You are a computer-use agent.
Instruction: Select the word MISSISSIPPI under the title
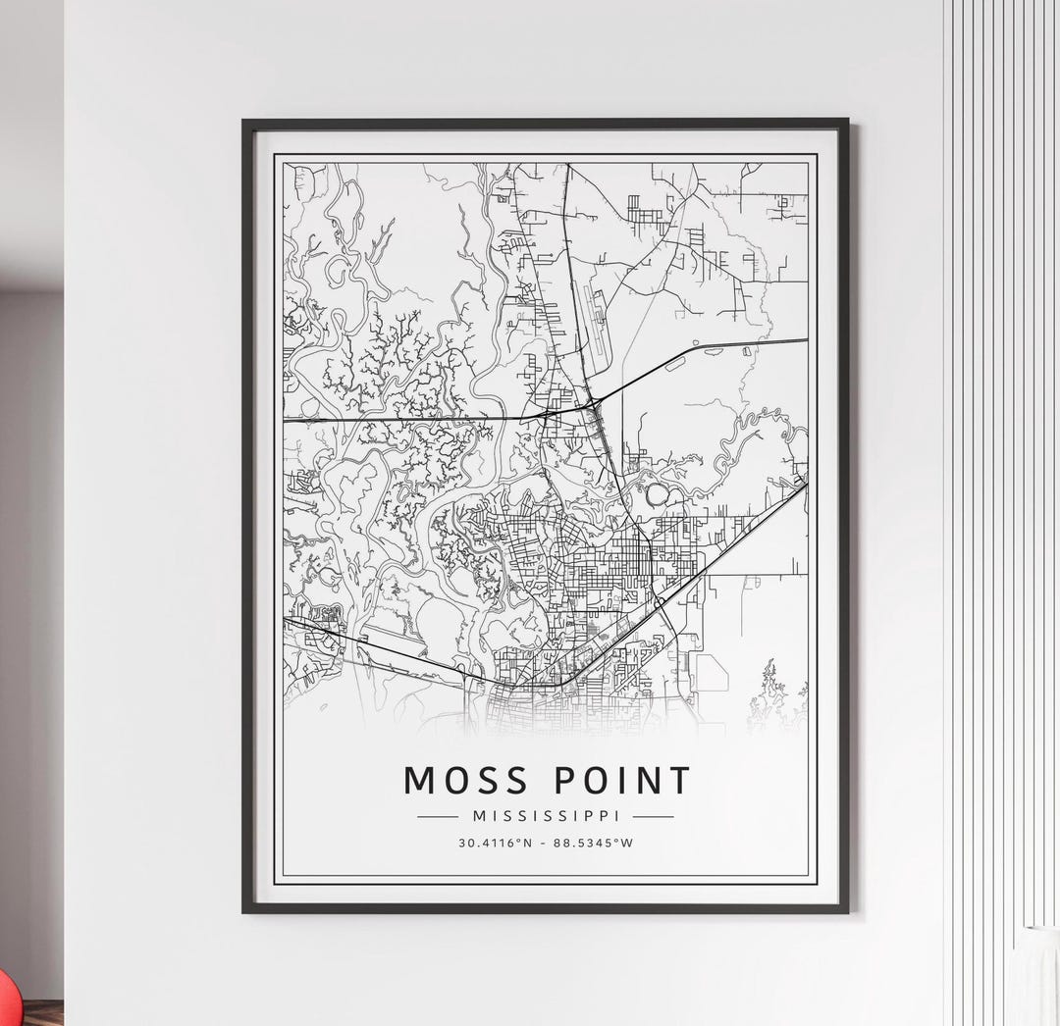coord(546,816)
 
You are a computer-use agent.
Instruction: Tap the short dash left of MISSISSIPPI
coord(438,816)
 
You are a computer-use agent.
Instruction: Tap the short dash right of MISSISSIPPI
coord(653,816)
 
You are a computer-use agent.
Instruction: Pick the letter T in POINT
coord(678,781)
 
